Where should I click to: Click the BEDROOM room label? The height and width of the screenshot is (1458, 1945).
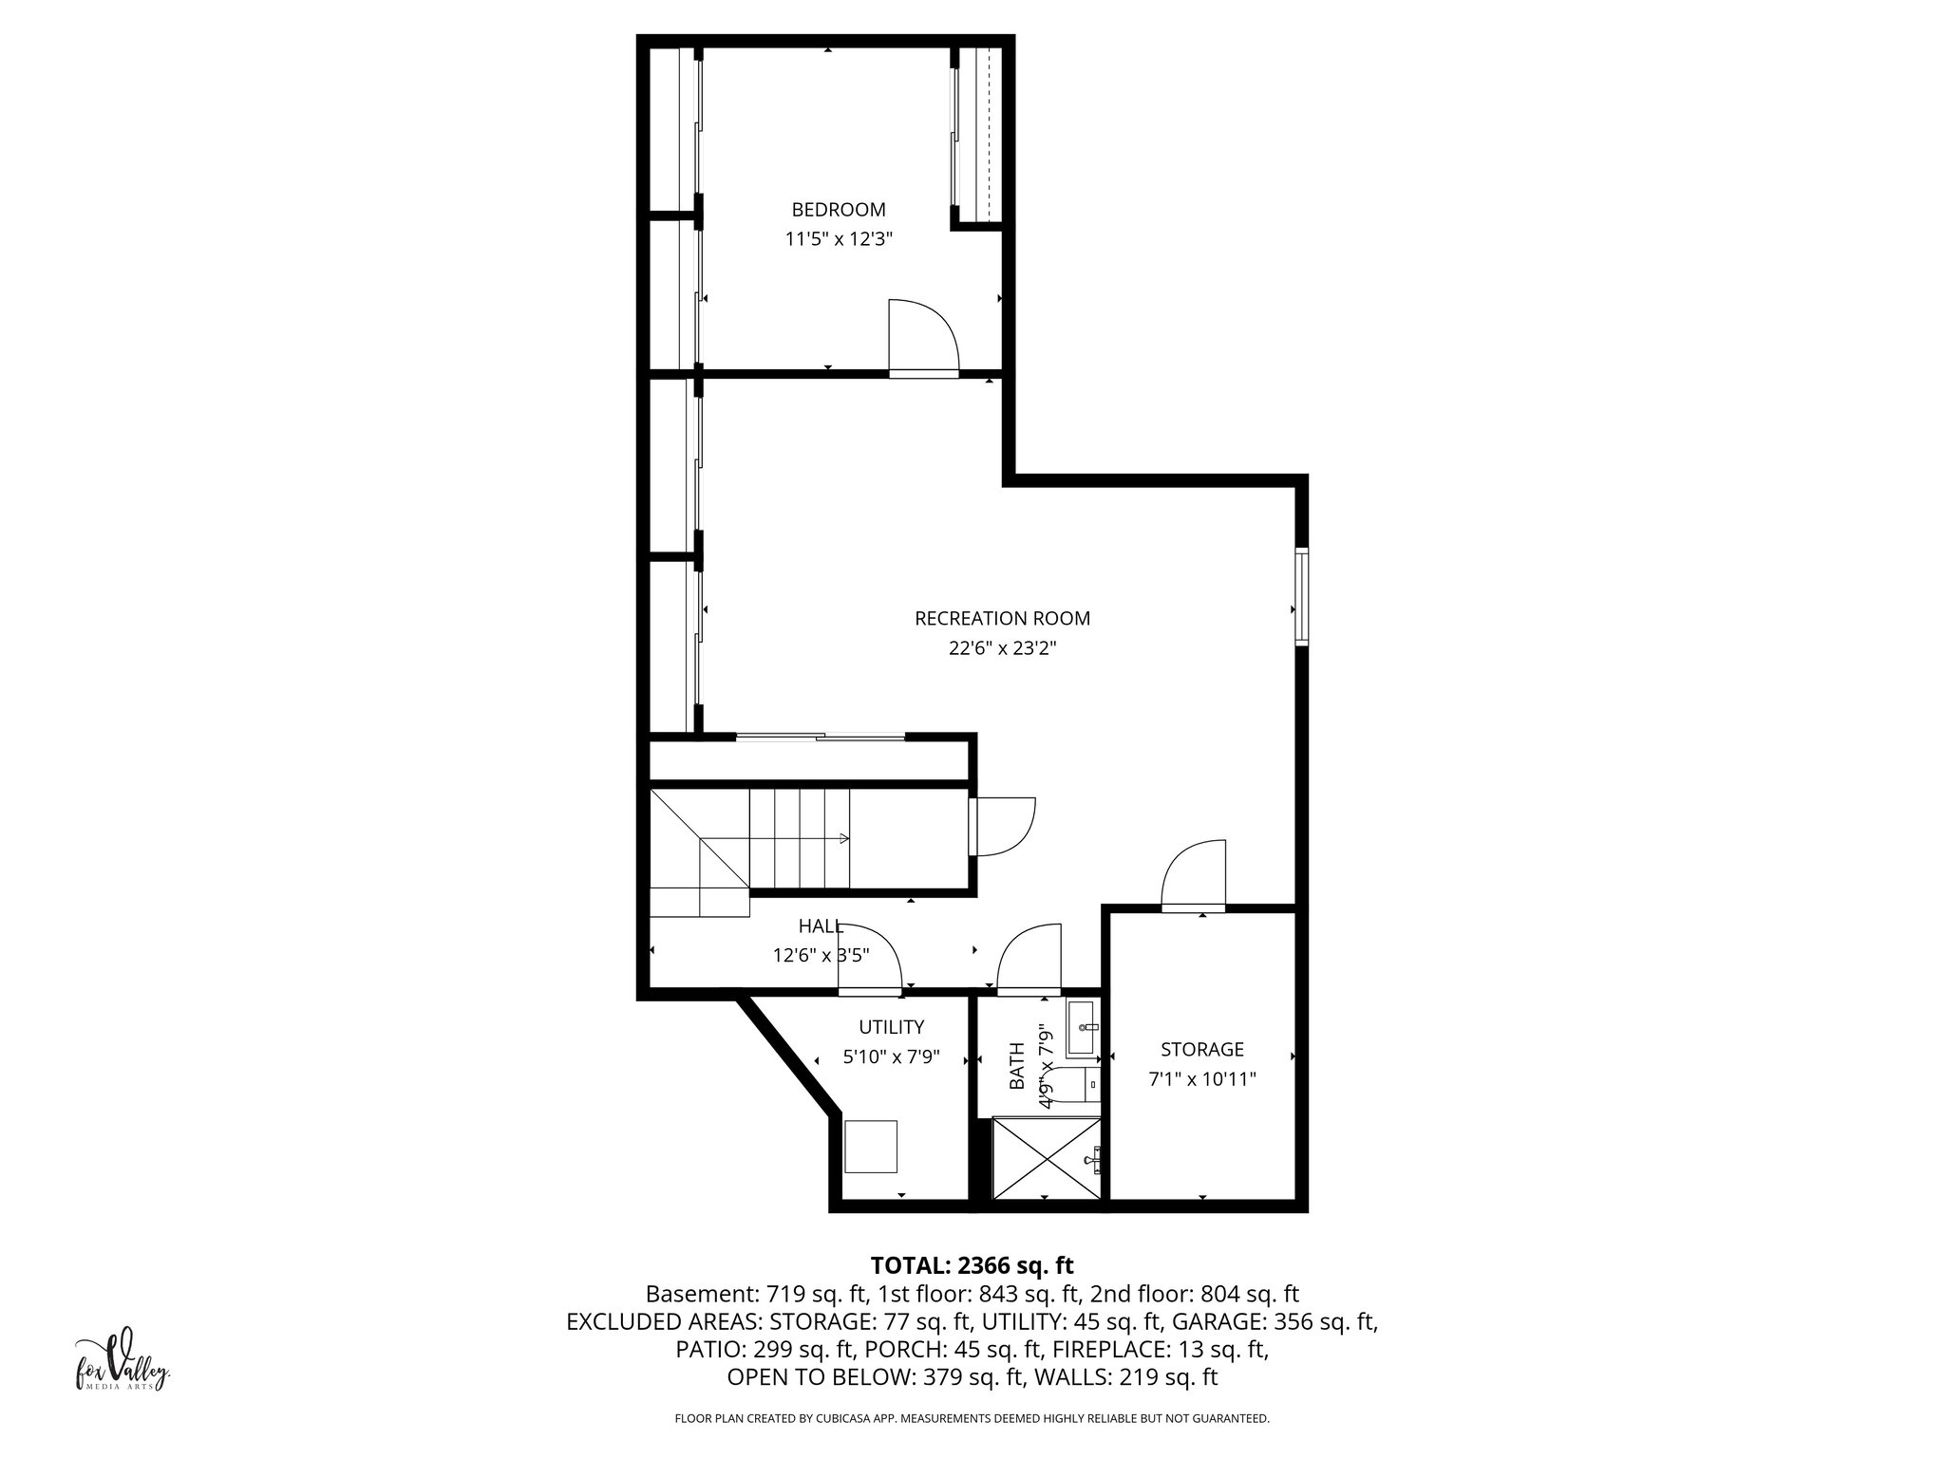coord(838,210)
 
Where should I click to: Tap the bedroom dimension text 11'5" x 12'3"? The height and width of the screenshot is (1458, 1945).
coord(838,240)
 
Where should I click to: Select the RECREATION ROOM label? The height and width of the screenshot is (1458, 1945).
coord(1002,619)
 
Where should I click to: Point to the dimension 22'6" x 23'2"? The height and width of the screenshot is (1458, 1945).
coord(1002,649)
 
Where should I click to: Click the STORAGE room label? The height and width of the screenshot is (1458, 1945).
coord(1201,1049)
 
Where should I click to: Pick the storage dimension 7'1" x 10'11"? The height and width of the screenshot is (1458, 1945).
coord(1201,1079)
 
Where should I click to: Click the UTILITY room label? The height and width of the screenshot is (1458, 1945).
coord(891,1027)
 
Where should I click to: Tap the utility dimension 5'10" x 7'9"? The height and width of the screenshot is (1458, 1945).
coord(891,1056)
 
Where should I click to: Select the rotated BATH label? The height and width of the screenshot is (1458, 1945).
coord(1016,1066)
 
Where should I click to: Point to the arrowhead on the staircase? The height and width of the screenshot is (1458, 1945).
coord(844,838)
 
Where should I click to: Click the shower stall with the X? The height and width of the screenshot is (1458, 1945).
coord(1047,1159)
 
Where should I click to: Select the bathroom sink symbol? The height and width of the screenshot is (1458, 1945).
coord(1082,1029)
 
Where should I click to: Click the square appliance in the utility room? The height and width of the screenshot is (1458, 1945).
coord(871,1147)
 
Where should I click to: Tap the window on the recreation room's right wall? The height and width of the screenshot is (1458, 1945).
coord(1301,597)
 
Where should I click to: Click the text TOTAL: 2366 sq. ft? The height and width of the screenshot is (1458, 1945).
coord(972,1265)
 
